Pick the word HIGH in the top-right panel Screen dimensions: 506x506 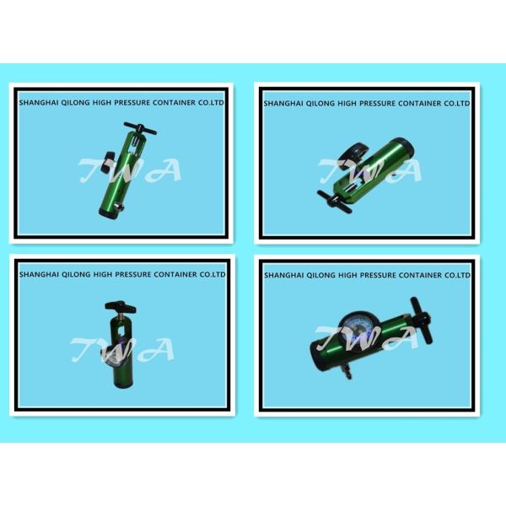(347, 104)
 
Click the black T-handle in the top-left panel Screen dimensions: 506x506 (140, 128)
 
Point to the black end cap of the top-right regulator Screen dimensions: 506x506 (406, 147)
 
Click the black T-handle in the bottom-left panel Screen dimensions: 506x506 (121, 307)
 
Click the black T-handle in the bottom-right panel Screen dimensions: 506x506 (421, 320)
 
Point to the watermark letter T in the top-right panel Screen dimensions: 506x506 (332, 170)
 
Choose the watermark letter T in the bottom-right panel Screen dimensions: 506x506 (330, 338)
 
